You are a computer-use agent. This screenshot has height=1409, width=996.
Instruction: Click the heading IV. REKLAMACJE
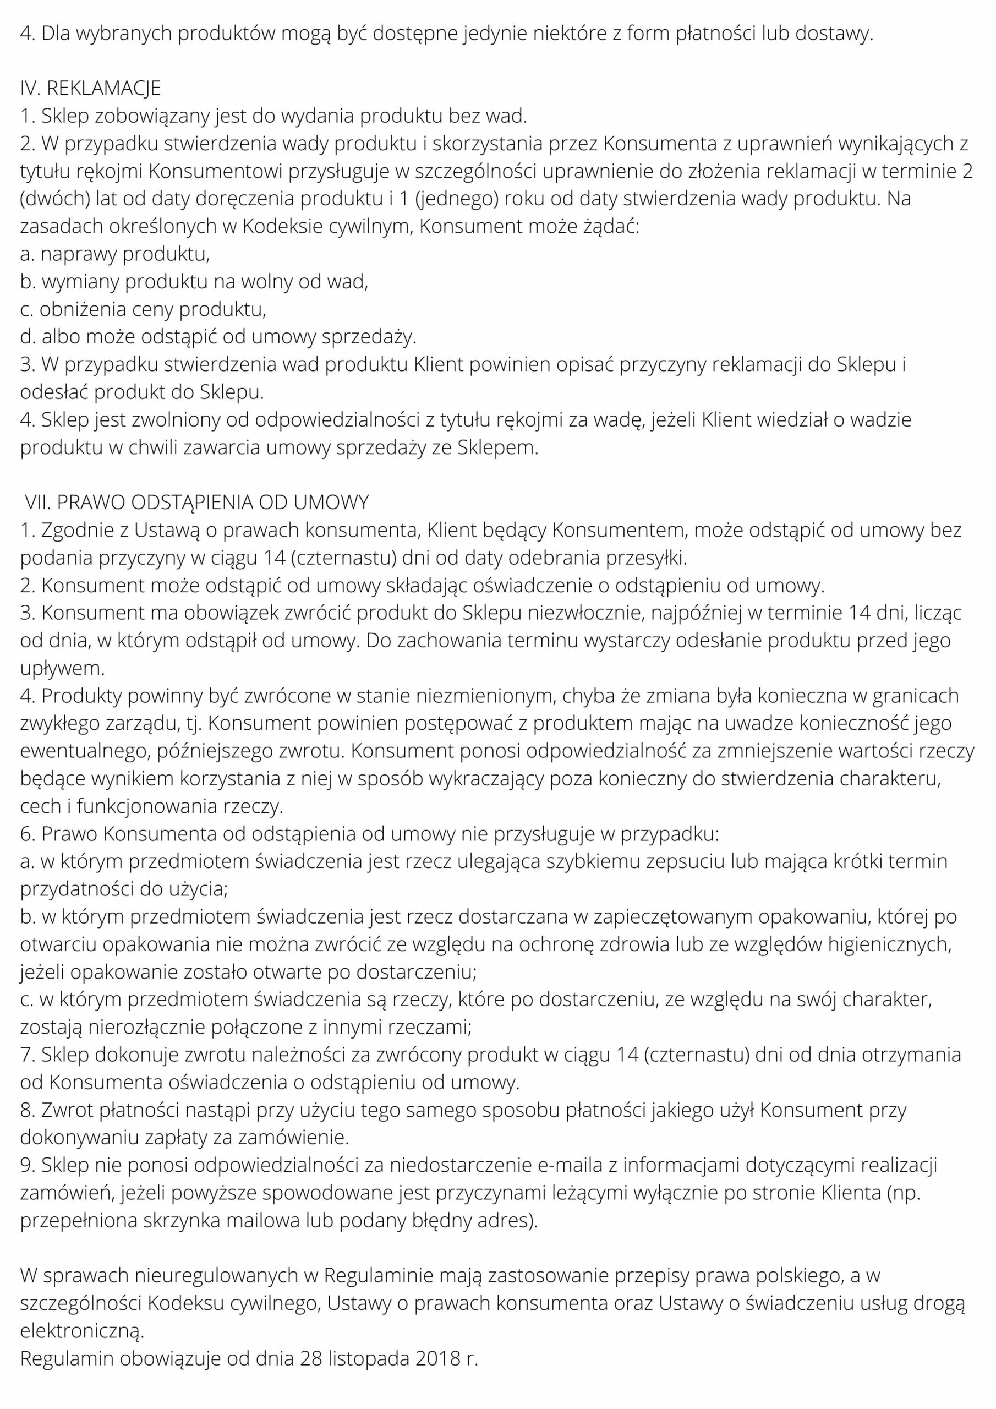(x=90, y=89)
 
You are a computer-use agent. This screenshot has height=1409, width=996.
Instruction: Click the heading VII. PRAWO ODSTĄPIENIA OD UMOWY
(x=197, y=503)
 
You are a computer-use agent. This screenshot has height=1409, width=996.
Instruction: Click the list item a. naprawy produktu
(x=115, y=254)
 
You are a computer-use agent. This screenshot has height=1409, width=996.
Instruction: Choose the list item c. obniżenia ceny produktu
(x=143, y=309)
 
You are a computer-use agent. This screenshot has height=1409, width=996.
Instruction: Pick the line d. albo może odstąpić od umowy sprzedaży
(x=218, y=337)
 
